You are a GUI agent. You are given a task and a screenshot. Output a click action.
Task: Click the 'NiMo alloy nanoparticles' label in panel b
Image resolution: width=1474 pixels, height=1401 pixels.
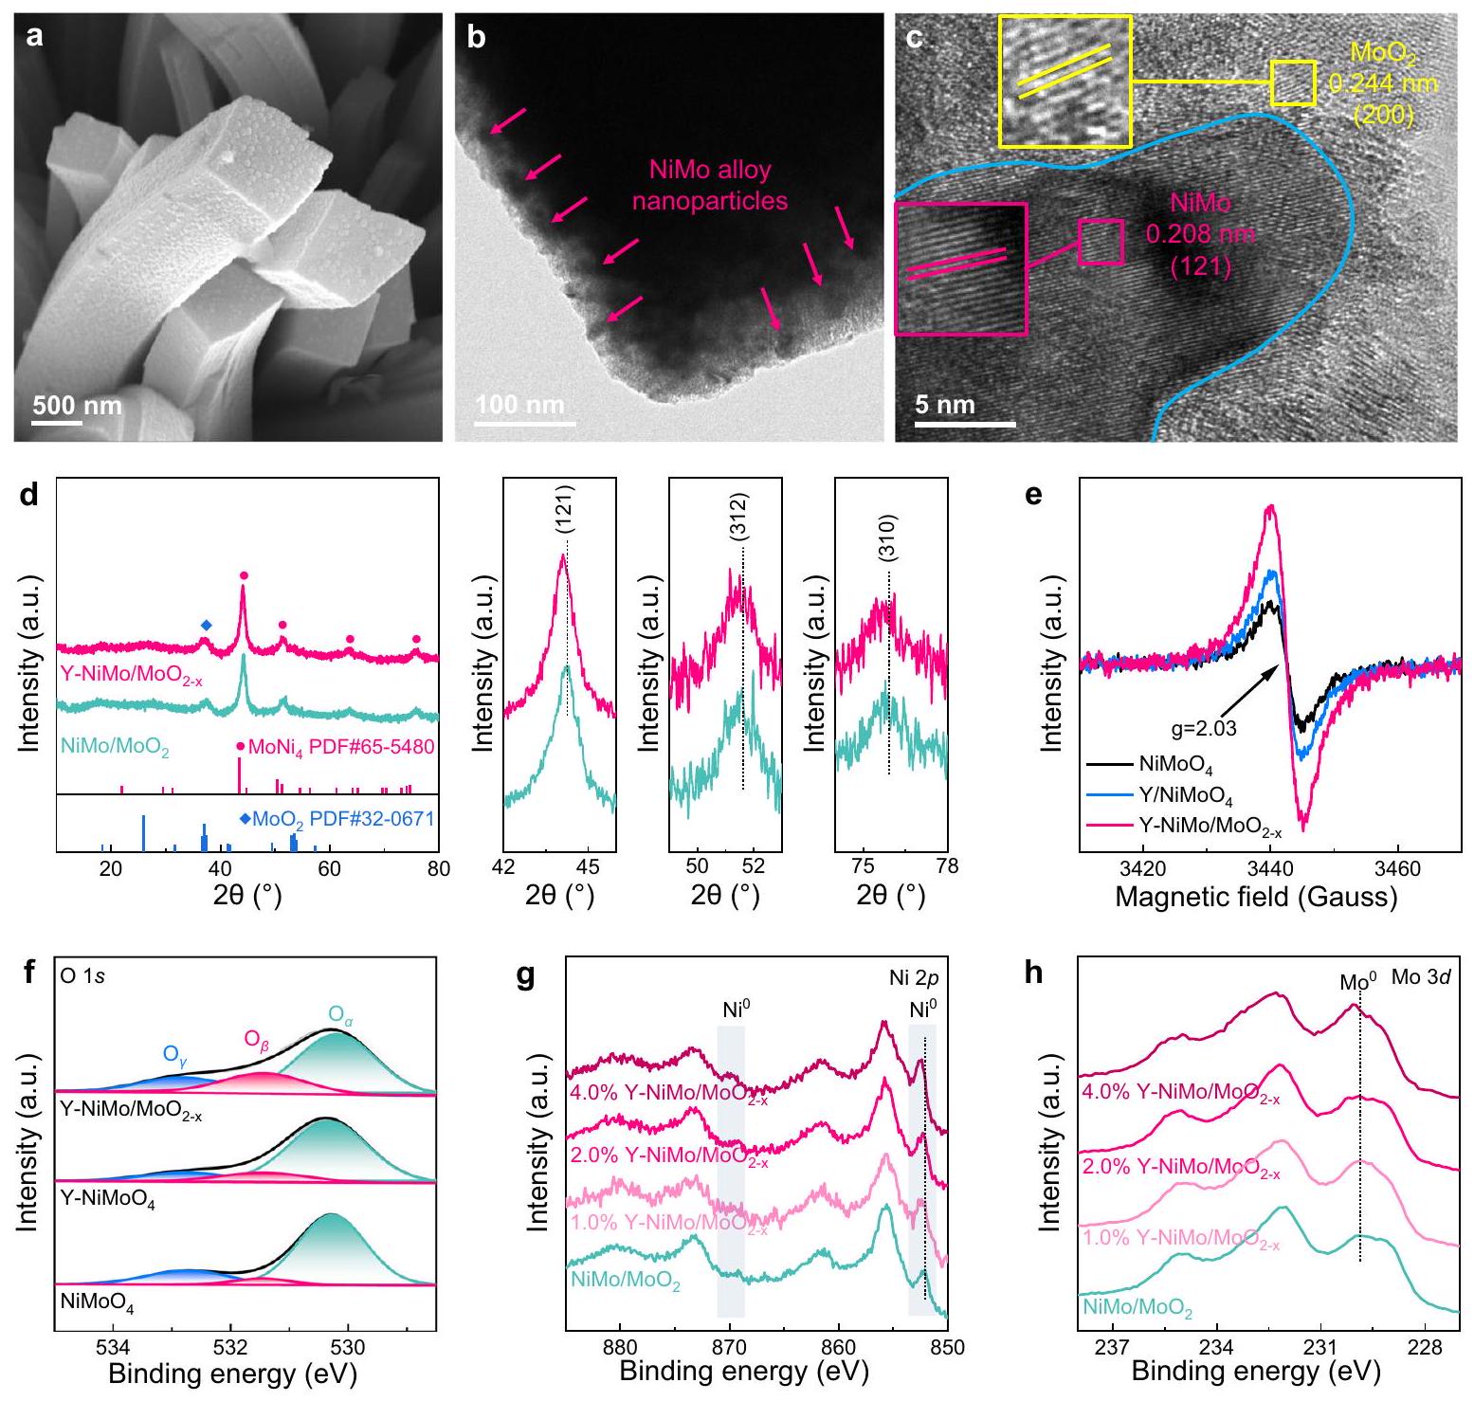709,185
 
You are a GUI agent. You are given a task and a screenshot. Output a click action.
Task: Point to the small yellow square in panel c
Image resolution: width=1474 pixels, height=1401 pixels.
1293,82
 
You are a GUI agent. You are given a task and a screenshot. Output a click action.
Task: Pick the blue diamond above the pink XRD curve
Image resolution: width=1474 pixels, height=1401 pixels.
207,625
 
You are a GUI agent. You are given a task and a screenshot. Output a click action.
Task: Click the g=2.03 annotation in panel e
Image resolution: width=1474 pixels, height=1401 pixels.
1199,729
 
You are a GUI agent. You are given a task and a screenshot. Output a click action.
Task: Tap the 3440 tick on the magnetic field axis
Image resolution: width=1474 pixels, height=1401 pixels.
1269,868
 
